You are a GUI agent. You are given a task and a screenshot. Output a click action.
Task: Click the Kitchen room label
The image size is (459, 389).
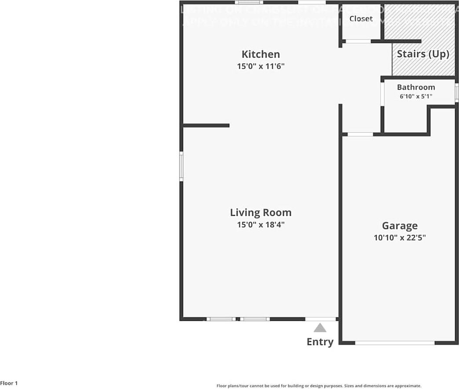click(261, 55)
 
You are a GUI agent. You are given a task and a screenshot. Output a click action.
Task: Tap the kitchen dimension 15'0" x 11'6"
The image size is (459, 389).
click(261, 66)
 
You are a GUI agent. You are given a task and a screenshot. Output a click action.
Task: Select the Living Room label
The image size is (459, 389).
click(261, 213)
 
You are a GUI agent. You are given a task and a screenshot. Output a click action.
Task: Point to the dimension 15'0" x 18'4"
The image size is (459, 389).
click(261, 225)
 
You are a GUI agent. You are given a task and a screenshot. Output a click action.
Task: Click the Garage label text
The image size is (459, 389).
click(400, 226)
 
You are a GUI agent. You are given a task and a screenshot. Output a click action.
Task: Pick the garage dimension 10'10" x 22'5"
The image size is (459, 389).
click(400, 238)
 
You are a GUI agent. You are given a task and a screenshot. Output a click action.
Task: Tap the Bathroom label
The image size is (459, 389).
click(416, 87)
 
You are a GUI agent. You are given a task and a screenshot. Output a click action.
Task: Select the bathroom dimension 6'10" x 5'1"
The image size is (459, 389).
click(416, 96)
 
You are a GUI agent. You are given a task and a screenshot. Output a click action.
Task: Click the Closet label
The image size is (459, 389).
click(361, 19)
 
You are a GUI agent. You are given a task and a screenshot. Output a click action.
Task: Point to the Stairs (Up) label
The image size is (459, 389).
click(423, 54)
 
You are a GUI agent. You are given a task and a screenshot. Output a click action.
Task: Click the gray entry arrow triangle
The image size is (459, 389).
click(320, 328)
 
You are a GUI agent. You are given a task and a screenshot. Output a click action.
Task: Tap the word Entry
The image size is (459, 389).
click(320, 342)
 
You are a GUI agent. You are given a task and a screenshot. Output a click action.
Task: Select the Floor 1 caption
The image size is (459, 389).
click(9, 383)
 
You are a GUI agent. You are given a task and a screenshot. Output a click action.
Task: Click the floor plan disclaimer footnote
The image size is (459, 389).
click(319, 385)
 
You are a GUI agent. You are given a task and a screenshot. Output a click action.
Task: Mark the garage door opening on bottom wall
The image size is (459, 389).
click(395, 342)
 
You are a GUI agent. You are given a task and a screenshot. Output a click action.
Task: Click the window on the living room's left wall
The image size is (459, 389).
click(181, 166)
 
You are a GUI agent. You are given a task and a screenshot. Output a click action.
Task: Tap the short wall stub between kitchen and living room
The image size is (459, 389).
click(206, 126)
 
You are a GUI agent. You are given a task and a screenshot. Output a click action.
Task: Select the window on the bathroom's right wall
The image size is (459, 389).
click(456, 93)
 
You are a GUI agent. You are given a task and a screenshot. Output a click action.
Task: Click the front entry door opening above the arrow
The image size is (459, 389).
click(320, 319)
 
